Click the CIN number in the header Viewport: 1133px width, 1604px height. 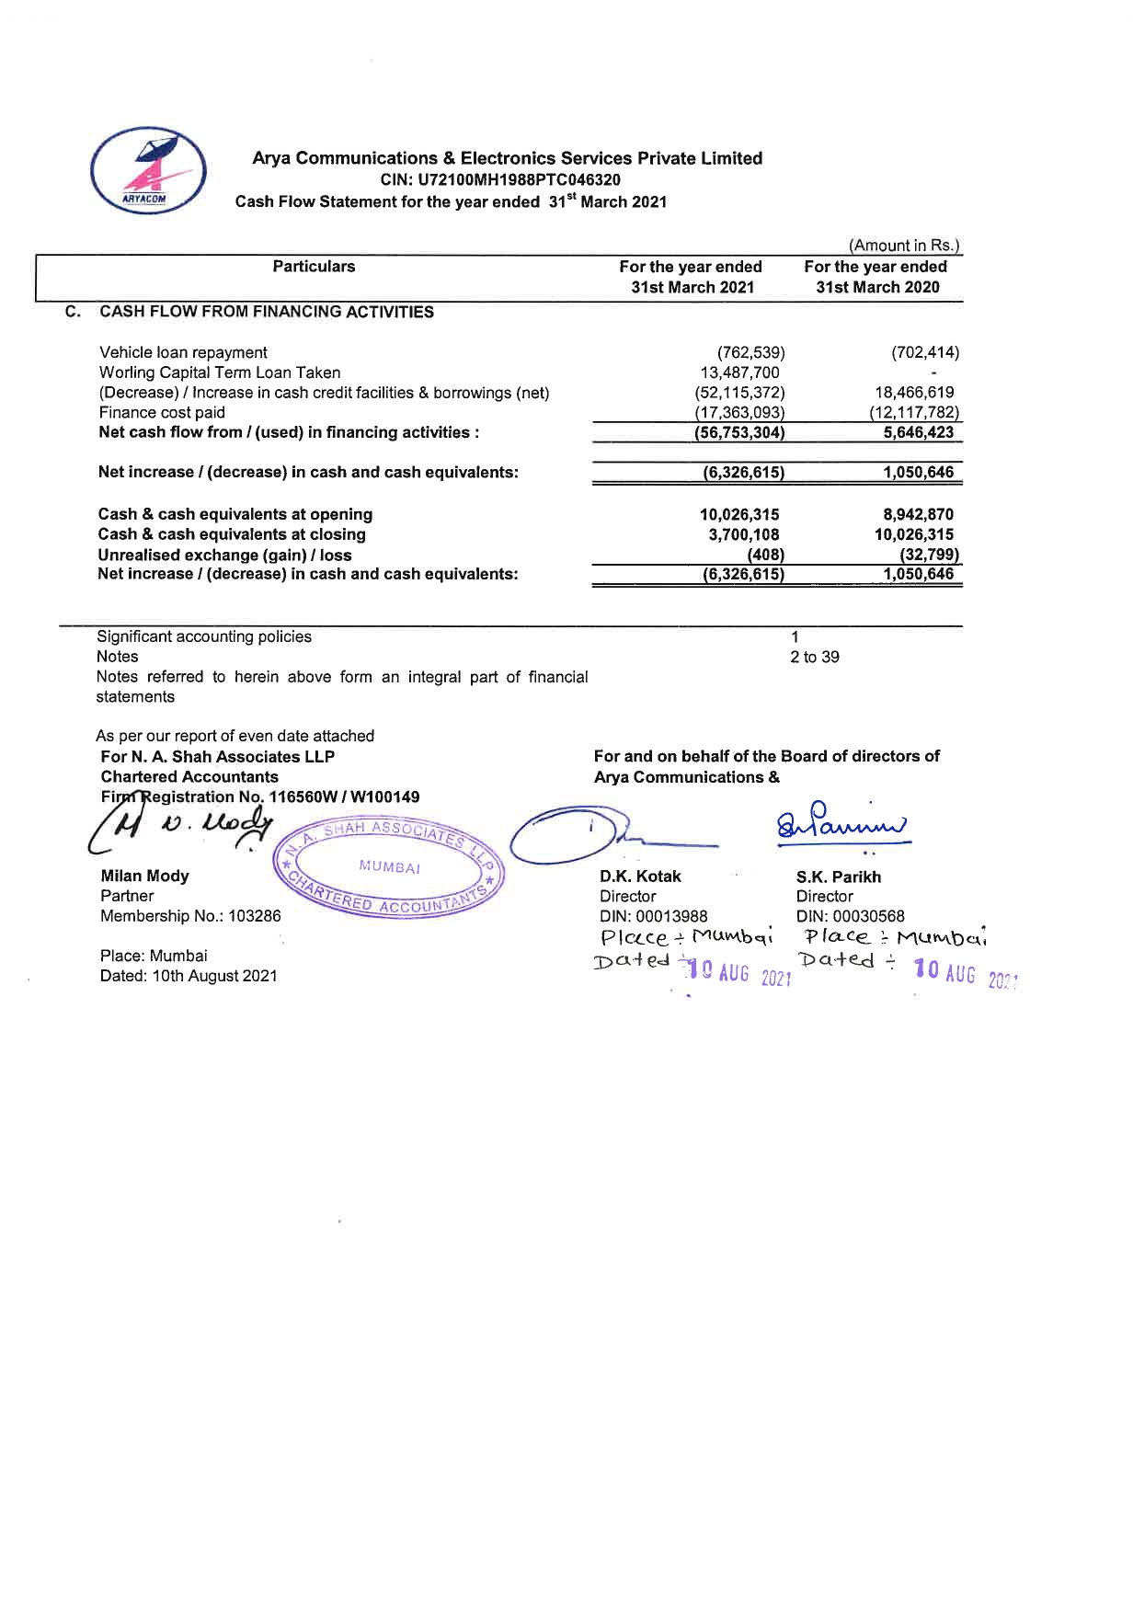coord(500,180)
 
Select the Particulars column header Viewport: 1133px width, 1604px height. coord(314,267)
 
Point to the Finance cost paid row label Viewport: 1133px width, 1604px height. coord(162,413)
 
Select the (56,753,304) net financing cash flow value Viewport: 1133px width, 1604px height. coord(739,433)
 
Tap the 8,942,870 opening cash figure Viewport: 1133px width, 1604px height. coord(918,515)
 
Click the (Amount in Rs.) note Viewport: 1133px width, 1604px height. coord(904,246)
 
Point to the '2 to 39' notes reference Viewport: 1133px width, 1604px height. coord(814,657)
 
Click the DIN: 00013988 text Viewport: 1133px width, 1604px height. coord(654,916)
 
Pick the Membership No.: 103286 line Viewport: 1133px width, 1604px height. coord(190,916)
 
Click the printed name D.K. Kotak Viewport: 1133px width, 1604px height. coord(640,876)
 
